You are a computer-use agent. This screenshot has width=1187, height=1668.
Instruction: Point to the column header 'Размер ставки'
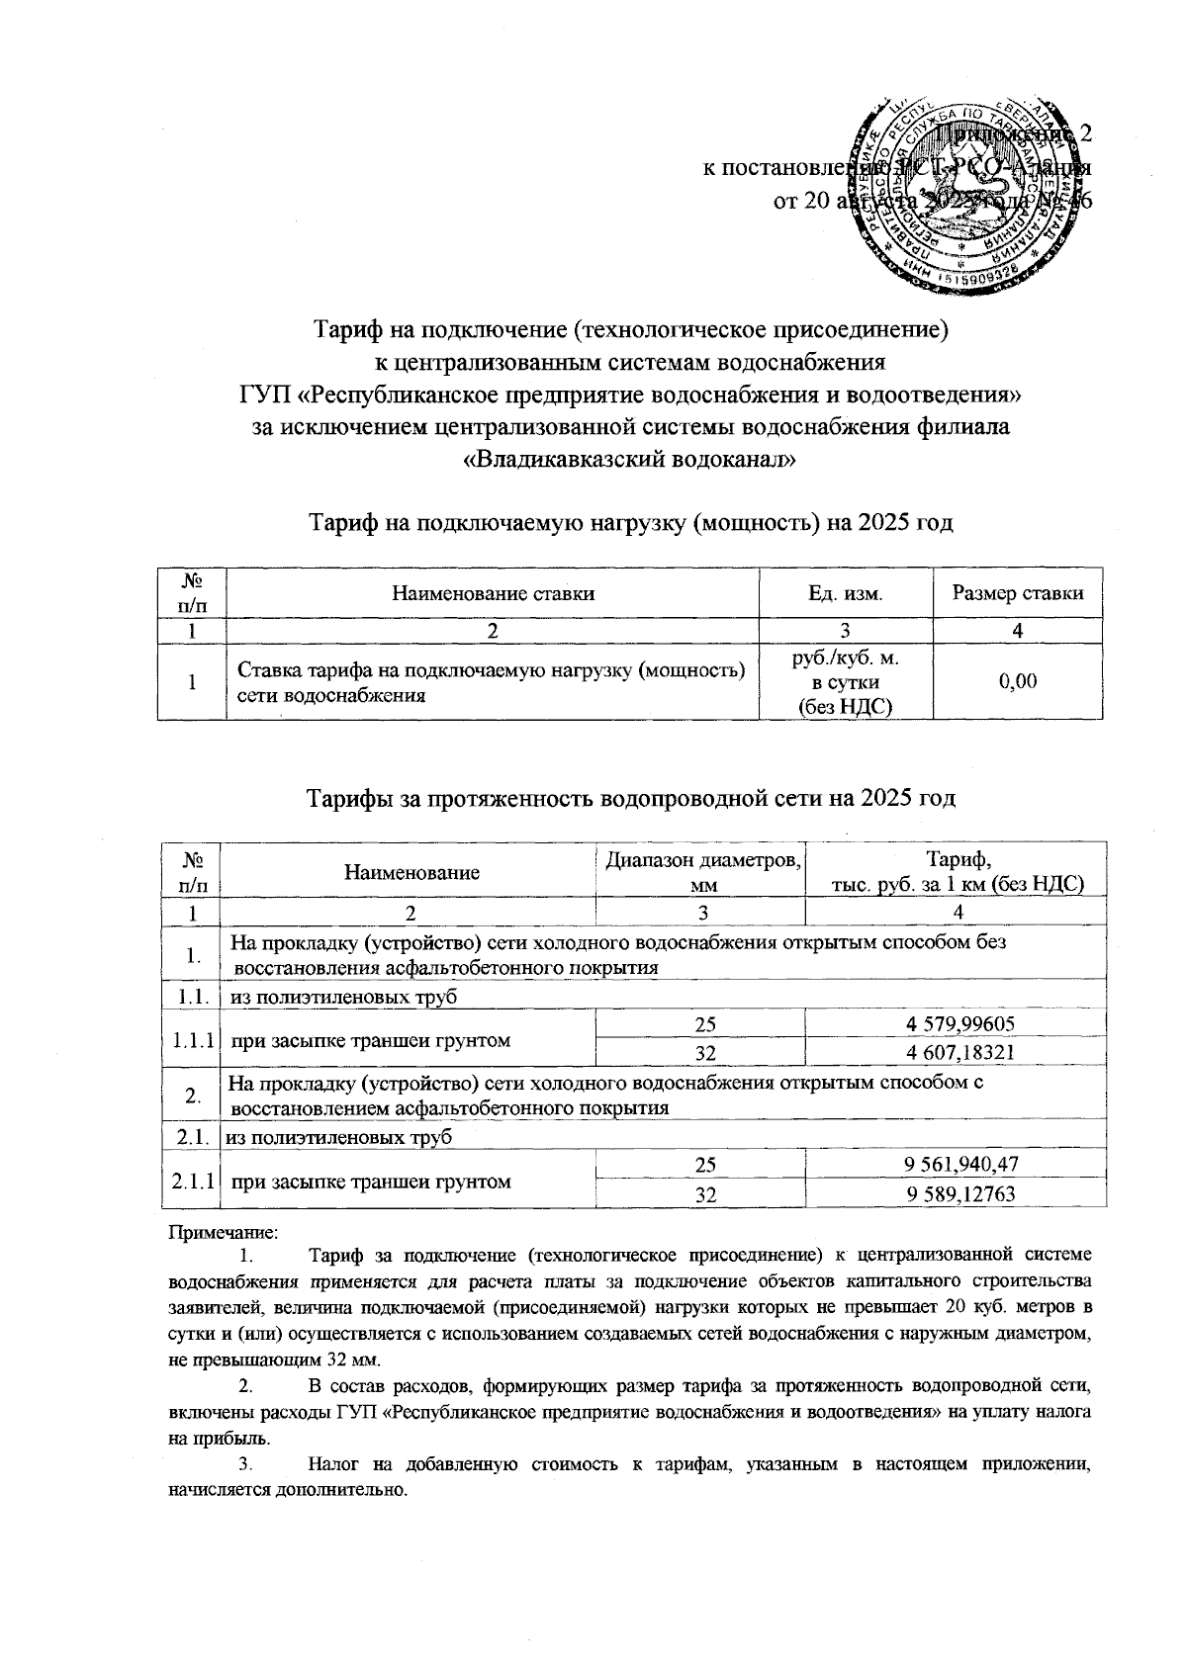(x=1018, y=593)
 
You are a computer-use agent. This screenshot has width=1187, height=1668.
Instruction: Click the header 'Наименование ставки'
(x=493, y=593)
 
